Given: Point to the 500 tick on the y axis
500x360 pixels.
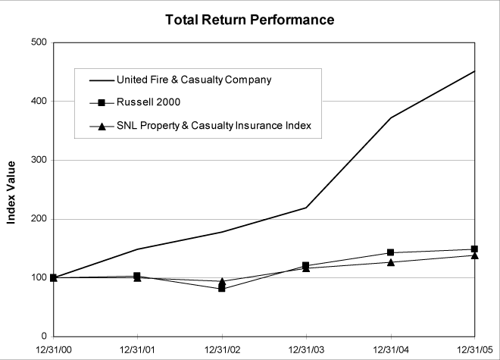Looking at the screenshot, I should (x=36, y=42).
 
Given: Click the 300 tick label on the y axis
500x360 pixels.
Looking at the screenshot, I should (x=36, y=160).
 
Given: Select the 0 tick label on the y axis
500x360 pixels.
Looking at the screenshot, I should (x=43, y=337).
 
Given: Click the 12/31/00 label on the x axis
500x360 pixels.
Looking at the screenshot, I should (x=53, y=350).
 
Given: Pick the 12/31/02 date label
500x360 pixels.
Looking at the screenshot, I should (x=221, y=350).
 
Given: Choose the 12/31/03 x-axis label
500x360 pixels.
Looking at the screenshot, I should (x=305, y=350).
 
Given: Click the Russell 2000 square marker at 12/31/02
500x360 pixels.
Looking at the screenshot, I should (x=221, y=288).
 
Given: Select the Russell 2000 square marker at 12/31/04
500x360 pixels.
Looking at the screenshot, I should (x=390, y=252).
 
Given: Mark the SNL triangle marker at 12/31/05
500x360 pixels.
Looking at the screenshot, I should (x=474, y=255).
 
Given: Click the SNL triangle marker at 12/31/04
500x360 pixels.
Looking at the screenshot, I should (x=390, y=262).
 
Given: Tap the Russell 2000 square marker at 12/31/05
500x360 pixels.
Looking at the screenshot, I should (x=474, y=249).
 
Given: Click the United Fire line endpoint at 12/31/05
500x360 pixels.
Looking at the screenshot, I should (x=474, y=71).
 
